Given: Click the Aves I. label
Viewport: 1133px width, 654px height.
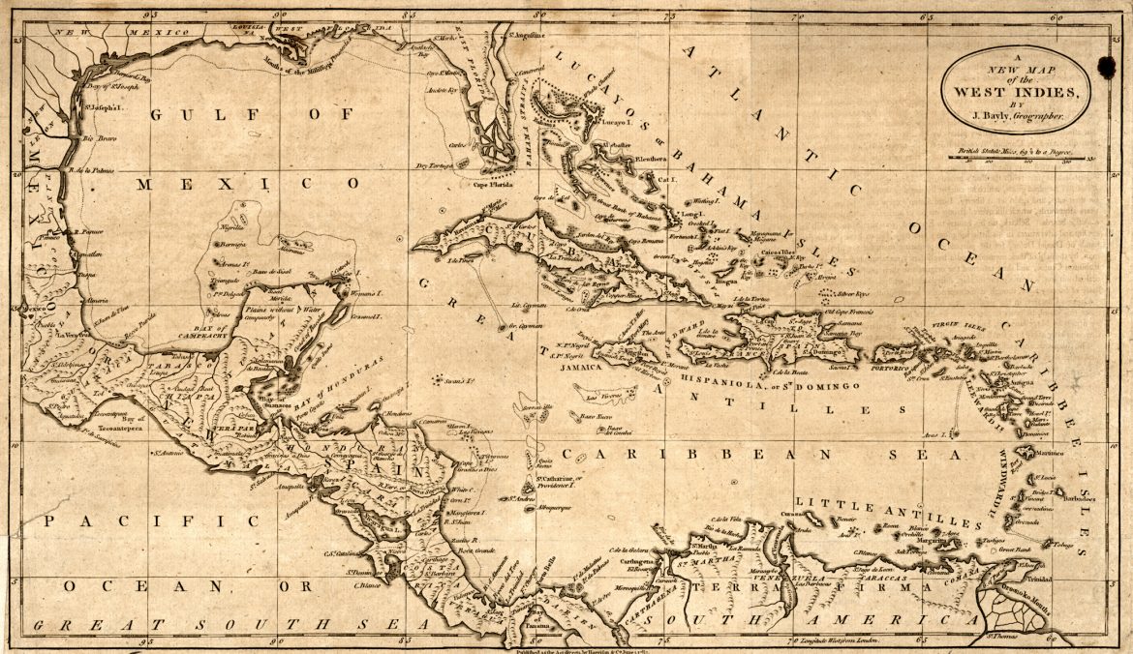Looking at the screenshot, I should (935, 436).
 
